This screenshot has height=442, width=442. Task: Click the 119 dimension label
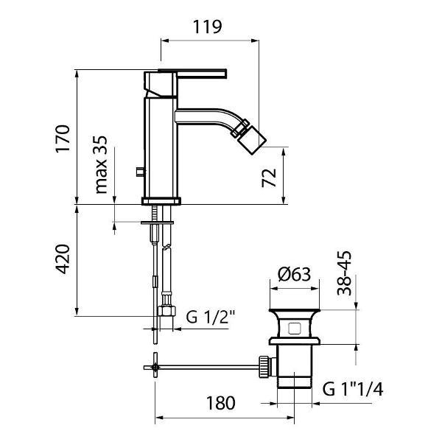click(x=207, y=27)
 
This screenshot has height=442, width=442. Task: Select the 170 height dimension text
click(x=63, y=138)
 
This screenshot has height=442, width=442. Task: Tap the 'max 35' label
click(x=101, y=165)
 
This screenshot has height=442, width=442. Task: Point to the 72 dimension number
click(x=269, y=178)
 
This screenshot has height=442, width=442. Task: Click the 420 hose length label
click(x=62, y=259)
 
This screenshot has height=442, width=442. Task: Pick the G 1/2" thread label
click(x=210, y=317)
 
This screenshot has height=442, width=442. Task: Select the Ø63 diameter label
click(x=294, y=274)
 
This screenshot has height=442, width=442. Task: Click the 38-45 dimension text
click(x=345, y=273)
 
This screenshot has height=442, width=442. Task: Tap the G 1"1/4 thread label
click(x=353, y=389)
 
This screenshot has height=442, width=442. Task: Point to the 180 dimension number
click(x=220, y=403)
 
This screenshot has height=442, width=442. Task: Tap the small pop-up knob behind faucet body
click(x=140, y=172)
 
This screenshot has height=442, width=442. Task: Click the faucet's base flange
click(x=161, y=201)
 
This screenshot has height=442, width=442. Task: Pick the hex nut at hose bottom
click(x=166, y=311)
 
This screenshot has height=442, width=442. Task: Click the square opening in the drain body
click(x=294, y=328)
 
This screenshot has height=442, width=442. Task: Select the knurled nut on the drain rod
click(x=264, y=366)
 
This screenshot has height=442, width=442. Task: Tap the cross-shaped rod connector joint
click(x=155, y=367)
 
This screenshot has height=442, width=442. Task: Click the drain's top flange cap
click(x=294, y=311)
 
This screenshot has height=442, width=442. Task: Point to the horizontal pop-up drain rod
click(x=208, y=367)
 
